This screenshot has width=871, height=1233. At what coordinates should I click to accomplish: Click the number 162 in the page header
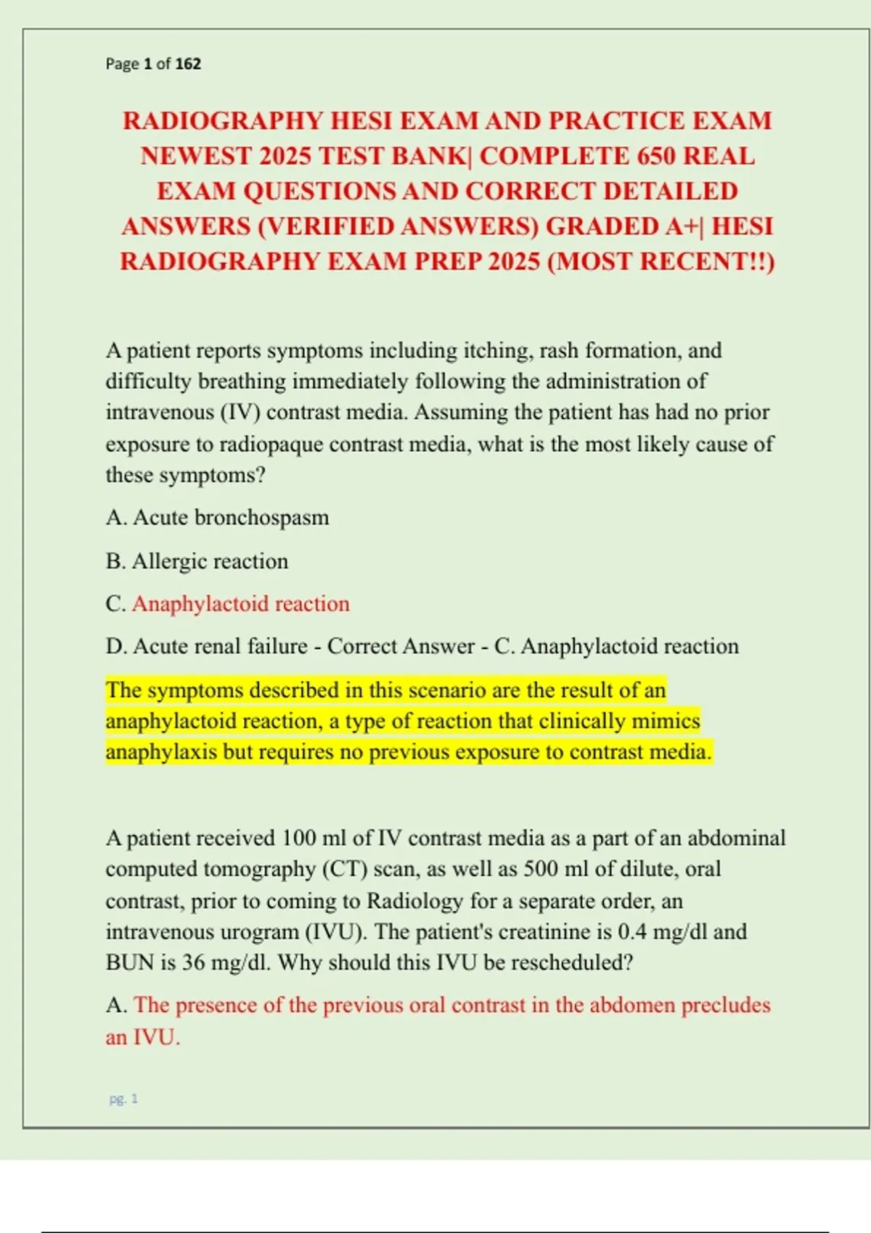188,64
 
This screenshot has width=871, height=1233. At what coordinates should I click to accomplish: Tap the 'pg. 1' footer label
123,1099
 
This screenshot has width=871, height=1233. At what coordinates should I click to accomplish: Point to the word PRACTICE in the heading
617,120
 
